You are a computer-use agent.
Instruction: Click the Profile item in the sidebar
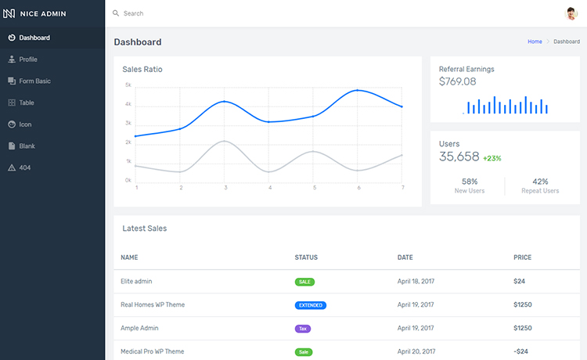pos(28,59)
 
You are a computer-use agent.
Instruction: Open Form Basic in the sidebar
pos(34,81)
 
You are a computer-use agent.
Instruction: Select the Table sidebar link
pos(27,103)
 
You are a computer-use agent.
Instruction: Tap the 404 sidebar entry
pos(25,167)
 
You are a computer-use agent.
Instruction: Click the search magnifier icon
pos(116,13)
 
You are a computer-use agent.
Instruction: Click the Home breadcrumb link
pos(535,41)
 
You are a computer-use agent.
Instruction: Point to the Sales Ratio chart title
pos(142,70)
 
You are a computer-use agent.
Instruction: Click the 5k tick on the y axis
pos(128,85)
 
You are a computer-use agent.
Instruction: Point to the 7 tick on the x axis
pos(402,188)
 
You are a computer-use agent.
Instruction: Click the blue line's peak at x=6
pos(358,91)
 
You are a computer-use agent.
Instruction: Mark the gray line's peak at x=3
pos(225,141)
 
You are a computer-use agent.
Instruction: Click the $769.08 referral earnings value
pos(457,81)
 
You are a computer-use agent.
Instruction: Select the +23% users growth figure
pos(492,158)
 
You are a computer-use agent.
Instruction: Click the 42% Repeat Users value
pos(540,182)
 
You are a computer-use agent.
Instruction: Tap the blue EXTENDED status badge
pos(310,305)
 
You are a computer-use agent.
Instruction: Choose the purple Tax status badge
pos(302,329)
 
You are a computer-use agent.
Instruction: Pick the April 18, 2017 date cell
pos(416,281)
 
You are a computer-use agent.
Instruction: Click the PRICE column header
pos(522,257)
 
